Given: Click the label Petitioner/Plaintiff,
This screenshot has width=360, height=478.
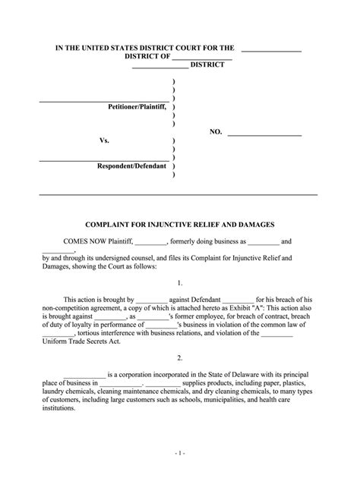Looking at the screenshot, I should point(137,107).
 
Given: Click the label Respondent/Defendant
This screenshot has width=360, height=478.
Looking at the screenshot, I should point(131,165).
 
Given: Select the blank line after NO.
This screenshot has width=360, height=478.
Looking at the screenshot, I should point(264,134).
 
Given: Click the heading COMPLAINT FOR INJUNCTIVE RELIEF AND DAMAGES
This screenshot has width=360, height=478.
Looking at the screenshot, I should point(179,225).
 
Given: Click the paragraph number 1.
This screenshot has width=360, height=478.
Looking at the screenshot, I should point(180,281).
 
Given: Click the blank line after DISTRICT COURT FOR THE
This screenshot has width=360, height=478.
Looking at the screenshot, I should point(271,49).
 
